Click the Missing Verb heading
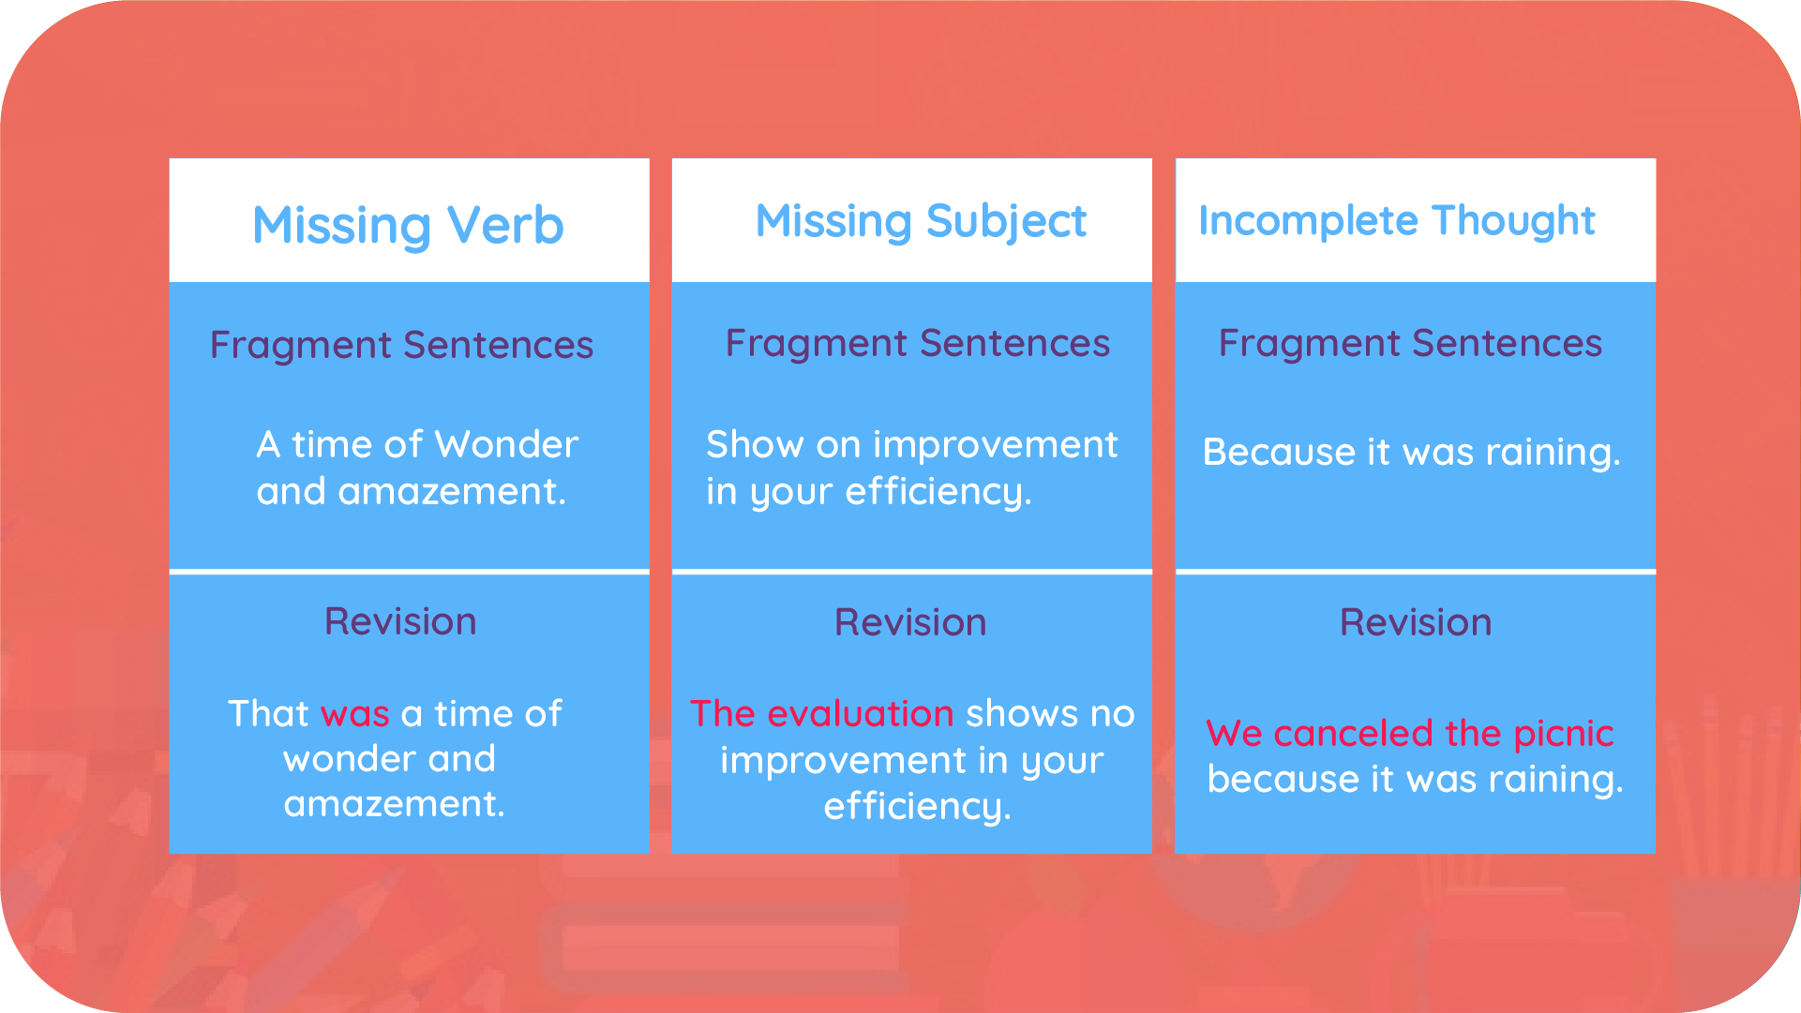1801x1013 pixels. pos(408,226)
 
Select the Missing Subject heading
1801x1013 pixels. pos(921,222)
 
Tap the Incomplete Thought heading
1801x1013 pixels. pos(1396,221)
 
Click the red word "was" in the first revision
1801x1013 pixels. pos(354,714)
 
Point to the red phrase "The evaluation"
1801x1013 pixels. pos(821,714)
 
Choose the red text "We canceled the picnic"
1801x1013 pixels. pos(1409,733)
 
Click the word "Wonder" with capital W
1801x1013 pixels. pos(506,444)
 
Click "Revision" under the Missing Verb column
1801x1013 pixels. pos(400,622)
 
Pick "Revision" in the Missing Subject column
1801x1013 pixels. pos(910,623)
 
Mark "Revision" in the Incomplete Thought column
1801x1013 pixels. pos(1415,623)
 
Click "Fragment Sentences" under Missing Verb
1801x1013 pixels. pos(401,346)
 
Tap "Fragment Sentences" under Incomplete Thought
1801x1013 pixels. pos(1410,344)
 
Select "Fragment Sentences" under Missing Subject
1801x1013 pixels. pos(917,344)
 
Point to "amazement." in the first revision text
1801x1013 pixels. pos(394,804)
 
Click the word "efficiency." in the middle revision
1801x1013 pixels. pos(917,807)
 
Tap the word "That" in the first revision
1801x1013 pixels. pos(267,714)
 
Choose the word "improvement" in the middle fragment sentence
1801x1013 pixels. pos(995,444)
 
